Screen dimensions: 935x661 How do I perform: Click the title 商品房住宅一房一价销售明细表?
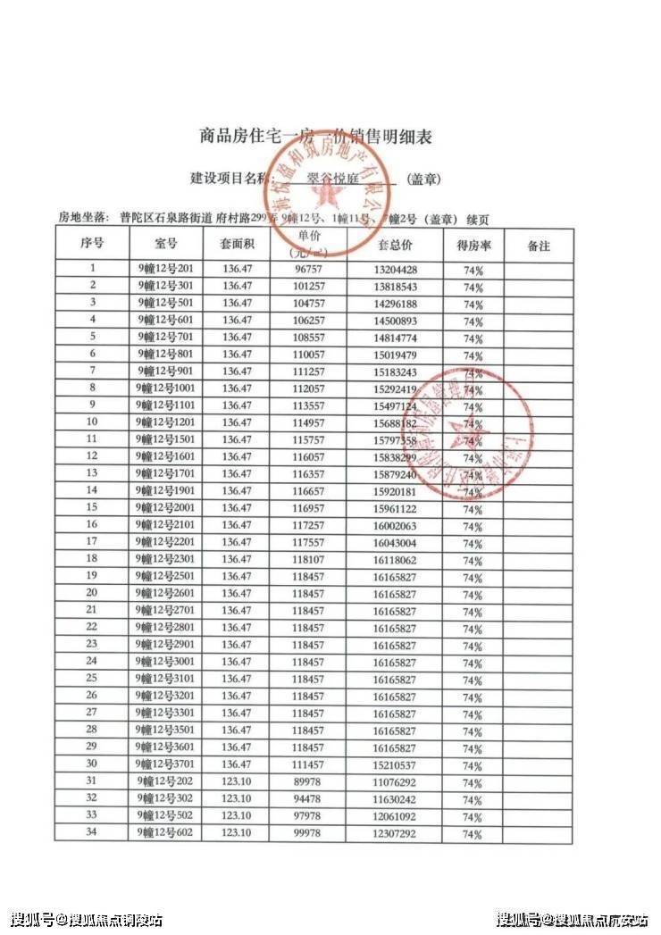pos(315,137)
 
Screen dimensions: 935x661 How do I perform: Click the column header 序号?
pos(92,244)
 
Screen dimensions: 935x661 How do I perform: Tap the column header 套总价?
pos(395,244)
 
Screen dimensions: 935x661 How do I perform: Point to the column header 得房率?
pos(473,244)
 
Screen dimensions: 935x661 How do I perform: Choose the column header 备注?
pos(539,244)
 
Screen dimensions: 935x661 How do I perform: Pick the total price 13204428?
pos(395,269)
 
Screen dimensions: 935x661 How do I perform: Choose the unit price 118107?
pos(310,559)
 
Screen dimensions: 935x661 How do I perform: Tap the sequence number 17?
pos(92,542)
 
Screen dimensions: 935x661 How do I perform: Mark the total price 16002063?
pos(395,525)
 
